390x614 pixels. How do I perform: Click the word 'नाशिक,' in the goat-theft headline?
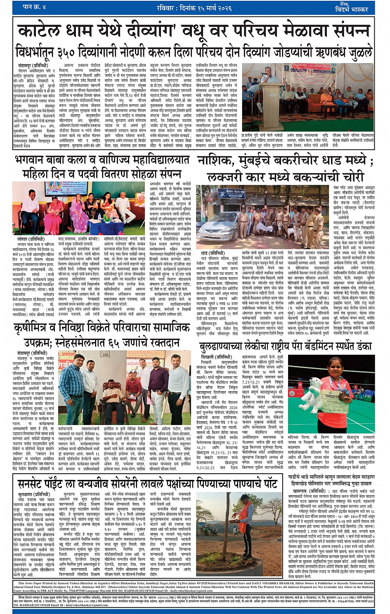coord(217,161)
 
